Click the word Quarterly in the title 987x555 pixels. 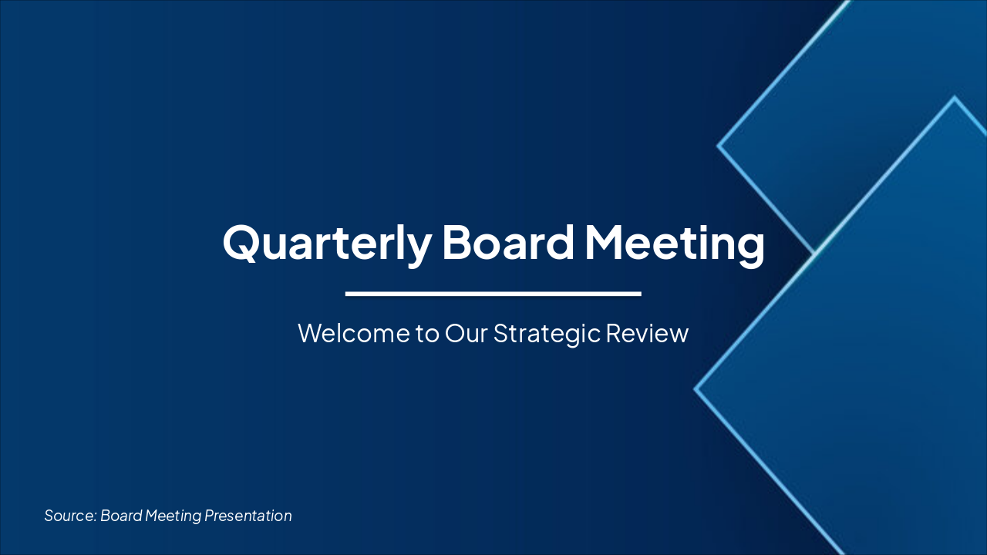click(x=327, y=242)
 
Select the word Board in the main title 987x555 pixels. click(x=508, y=242)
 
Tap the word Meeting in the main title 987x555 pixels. click(x=675, y=242)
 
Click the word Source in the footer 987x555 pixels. click(x=69, y=516)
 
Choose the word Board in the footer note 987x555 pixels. click(x=121, y=516)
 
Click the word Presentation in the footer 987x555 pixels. click(x=248, y=516)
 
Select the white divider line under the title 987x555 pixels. click(x=493, y=294)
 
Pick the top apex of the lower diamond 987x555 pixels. click(x=955, y=98)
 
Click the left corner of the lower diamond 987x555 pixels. click(x=696, y=389)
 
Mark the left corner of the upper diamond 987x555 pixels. click(x=719, y=145)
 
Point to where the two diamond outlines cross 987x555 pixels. click(x=814, y=253)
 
